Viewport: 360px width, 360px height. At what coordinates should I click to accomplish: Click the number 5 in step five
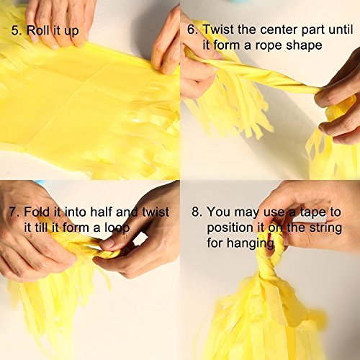coord(15,31)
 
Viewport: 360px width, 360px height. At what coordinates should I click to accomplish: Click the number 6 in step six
coord(192,30)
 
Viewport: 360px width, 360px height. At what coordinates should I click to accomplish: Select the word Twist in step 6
coord(218,30)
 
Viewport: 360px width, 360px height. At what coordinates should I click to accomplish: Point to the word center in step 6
coord(279,30)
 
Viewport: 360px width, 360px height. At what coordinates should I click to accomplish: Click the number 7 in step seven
coord(14,212)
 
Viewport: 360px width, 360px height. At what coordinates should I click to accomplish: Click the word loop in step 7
coord(117,228)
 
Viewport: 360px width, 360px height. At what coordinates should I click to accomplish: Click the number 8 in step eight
coord(197,212)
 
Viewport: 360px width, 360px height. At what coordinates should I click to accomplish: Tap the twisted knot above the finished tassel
coord(268,271)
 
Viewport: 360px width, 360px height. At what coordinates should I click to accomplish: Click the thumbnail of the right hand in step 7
coord(107,244)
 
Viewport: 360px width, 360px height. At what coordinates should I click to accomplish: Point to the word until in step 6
coord(341,30)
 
